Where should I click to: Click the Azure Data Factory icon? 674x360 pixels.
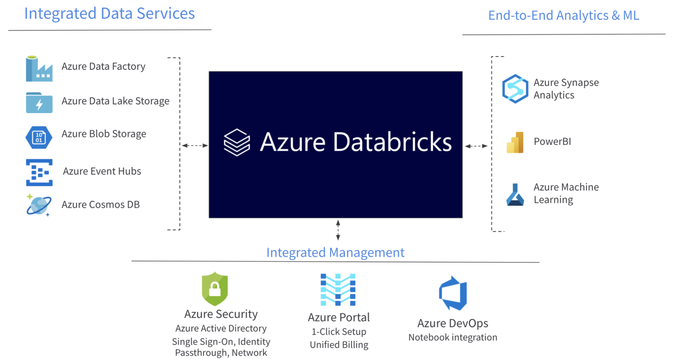[x=39, y=69]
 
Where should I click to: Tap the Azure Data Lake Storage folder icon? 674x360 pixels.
[x=39, y=103]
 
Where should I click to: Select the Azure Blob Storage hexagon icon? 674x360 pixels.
[x=39, y=137]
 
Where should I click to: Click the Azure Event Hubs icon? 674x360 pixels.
[x=39, y=172]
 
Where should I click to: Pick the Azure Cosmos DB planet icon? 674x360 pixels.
[x=39, y=205]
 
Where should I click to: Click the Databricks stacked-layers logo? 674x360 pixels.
[x=237, y=143]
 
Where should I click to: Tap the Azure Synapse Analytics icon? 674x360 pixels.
[x=515, y=89]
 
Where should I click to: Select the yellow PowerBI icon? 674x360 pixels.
[x=515, y=142]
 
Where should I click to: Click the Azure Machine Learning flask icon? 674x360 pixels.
[x=515, y=195]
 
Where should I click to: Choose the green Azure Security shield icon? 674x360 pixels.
[x=215, y=289]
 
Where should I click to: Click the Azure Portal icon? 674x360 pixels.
[x=338, y=290]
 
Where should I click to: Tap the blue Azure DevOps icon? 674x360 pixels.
[x=453, y=293]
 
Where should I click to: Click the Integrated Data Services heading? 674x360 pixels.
[x=110, y=14]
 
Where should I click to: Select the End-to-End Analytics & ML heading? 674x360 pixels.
[x=563, y=15]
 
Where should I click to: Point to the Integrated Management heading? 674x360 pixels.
[x=335, y=253]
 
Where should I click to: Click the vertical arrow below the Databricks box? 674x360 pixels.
[x=338, y=230]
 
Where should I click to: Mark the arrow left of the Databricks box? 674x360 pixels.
[x=195, y=145]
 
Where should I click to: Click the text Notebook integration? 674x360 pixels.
[x=453, y=337]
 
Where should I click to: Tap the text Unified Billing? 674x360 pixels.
[x=339, y=345]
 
